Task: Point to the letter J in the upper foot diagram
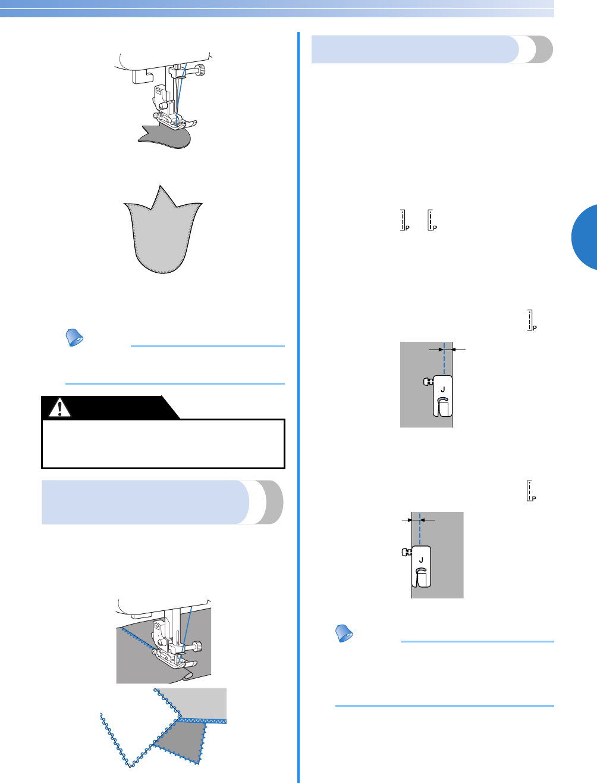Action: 442,389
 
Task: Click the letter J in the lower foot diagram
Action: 421,560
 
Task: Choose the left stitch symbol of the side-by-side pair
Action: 403,220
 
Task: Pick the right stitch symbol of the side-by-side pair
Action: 432,220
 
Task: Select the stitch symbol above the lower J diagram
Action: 531,490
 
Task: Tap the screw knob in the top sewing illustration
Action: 203,70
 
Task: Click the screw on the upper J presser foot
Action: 426,382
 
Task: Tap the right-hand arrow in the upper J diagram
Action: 458,350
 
